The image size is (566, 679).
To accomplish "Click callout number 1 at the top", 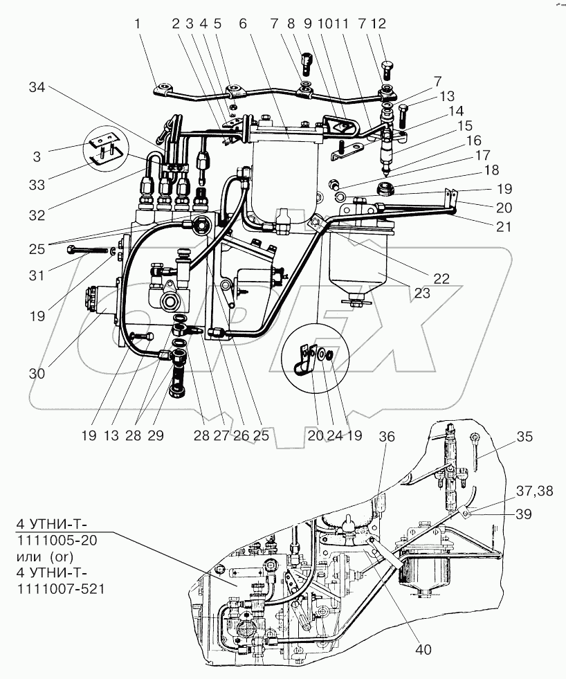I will coord(138,24).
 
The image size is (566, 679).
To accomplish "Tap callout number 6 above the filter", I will coord(243,24).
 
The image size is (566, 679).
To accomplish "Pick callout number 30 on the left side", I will coord(37,373).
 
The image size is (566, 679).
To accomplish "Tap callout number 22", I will coord(441,278).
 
